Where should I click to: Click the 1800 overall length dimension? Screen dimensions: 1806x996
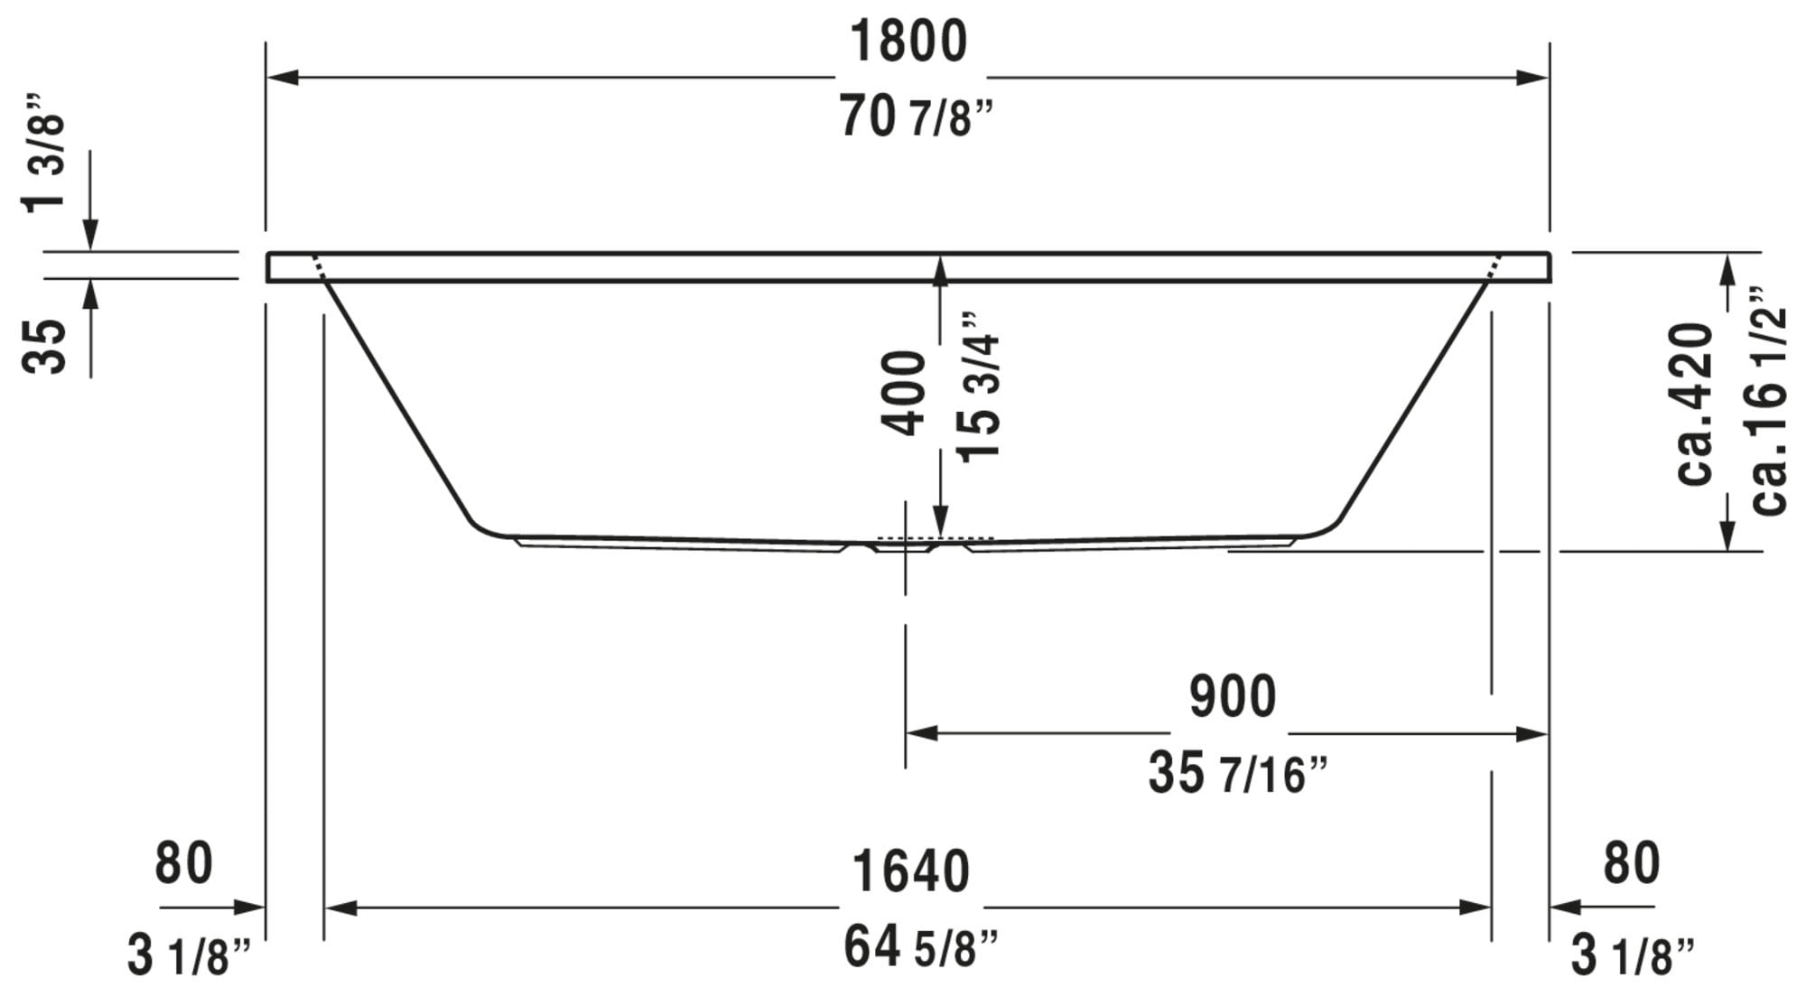coord(908,42)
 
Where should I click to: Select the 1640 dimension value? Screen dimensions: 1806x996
coord(910,871)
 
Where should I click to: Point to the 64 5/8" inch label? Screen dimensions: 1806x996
coord(921,947)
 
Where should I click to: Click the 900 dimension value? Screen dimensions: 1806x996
coord(1233,696)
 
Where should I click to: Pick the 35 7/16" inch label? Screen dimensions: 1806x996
coord(1238,774)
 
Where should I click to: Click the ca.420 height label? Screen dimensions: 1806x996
coord(1694,404)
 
